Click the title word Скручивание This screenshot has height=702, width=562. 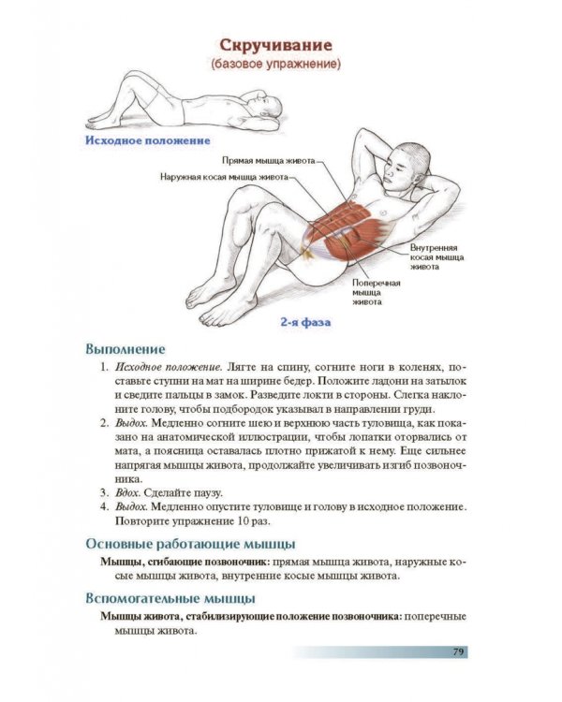[276, 46]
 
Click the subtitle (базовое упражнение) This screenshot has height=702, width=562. [276, 64]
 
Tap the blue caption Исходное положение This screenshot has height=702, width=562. [147, 140]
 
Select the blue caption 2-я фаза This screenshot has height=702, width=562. [305, 322]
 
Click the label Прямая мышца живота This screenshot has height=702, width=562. [269, 161]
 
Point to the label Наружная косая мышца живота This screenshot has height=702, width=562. [224, 177]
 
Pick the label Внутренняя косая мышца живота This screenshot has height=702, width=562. [437, 257]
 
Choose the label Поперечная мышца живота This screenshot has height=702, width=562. [376, 292]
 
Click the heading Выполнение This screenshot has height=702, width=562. [125, 349]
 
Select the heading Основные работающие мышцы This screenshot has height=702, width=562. [190, 545]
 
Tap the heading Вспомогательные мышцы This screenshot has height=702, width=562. [170, 599]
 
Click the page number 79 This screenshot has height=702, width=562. [458, 651]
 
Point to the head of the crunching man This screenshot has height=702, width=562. [407, 166]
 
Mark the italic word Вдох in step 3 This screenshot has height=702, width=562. [127, 493]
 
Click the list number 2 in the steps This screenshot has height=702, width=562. [104, 423]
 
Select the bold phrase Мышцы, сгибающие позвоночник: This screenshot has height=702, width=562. [185, 562]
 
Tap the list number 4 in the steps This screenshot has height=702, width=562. [104, 507]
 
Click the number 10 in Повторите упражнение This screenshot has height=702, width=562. [240, 521]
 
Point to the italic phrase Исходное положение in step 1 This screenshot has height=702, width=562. [169, 368]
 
